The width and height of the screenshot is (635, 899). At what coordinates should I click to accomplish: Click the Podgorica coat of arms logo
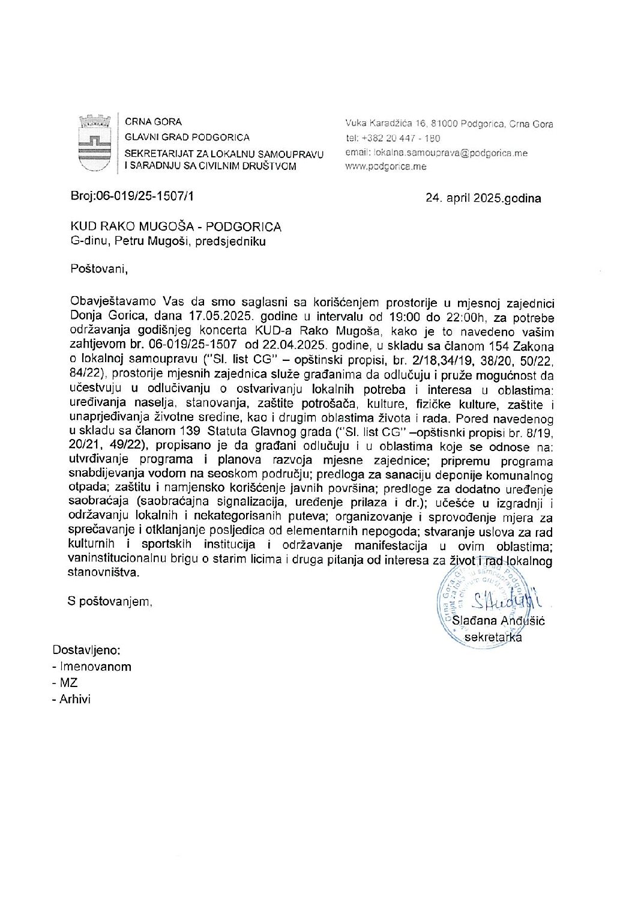[95, 143]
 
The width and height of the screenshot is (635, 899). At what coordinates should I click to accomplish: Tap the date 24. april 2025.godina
[483, 198]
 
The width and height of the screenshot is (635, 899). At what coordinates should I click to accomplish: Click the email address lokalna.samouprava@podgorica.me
[436, 153]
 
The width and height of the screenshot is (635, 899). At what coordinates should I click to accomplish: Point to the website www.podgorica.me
[386, 166]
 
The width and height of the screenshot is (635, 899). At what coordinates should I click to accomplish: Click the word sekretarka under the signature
[493, 637]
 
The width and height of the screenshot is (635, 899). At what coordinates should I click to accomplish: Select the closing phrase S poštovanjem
[110, 601]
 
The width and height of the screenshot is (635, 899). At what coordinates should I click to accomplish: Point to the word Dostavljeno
[87, 650]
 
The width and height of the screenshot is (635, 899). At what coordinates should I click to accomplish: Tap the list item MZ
[68, 683]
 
